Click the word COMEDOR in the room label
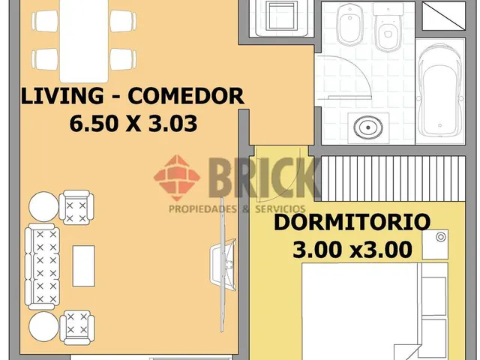click(x=186, y=96)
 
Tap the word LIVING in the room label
click(x=62, y=96)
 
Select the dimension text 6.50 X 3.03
click(x=133, y=123)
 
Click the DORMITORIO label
click(x=352, y=223)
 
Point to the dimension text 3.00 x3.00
click(x=352, y=249)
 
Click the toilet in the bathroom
click(x=388, y=28)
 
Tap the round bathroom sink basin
click(x=368, y=127)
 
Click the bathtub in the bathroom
click(x=440, y=91)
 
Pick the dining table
click(x=83, y=40)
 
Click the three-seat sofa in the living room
click(x=42, y=266)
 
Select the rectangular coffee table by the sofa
click(x=83, y=265)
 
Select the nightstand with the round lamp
click(x=435, y=244)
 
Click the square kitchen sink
click(x=282, y=15)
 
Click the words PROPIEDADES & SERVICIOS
click(x=237, y=208)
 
